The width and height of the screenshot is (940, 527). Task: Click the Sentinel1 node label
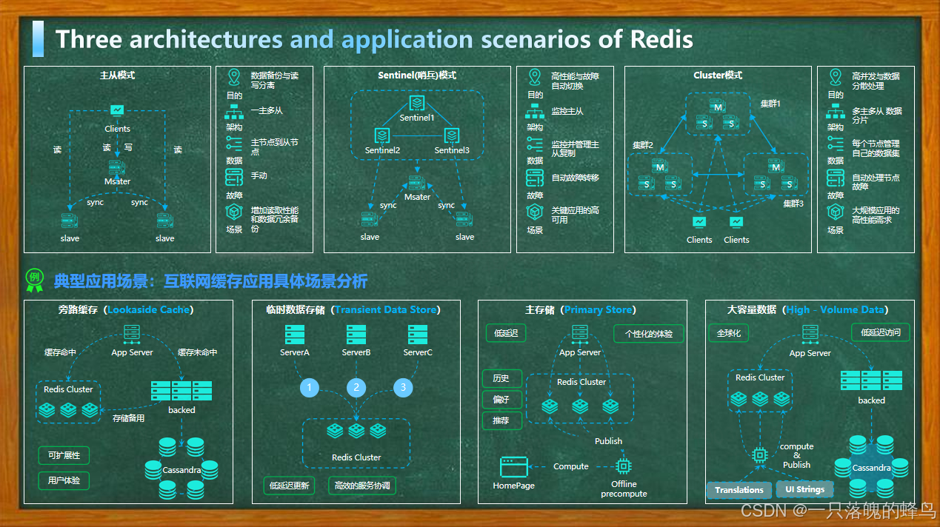[x=416, y=118]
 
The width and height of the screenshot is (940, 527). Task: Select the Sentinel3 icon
[x=452, y=135]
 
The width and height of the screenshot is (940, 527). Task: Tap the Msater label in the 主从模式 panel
[x=117, y=181]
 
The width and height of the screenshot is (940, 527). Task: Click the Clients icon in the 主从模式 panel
[x=117, y=110]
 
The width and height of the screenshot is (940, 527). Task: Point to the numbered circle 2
[x=356, y=387]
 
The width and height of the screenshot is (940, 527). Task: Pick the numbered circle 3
[x=403, y=387]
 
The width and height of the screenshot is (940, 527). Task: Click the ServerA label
[x=295, y=352]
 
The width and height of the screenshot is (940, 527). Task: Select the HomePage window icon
[x=513, y=466]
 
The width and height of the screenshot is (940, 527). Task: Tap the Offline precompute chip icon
[x=624, y=466]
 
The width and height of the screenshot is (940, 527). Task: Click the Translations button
[x=739, y=490]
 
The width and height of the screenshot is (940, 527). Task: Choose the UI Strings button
[x=804, y=490]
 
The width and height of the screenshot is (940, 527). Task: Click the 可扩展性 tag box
[x=64, y=455]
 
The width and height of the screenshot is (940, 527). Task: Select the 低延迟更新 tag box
[x=289, y=486]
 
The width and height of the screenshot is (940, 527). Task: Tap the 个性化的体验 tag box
[x=648, y=334]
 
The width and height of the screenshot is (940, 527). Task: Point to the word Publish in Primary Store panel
[x=608, y=441]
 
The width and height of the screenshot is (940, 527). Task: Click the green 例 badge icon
[x=34, y=278]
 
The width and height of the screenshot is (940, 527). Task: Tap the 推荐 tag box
[x=501, y=420]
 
